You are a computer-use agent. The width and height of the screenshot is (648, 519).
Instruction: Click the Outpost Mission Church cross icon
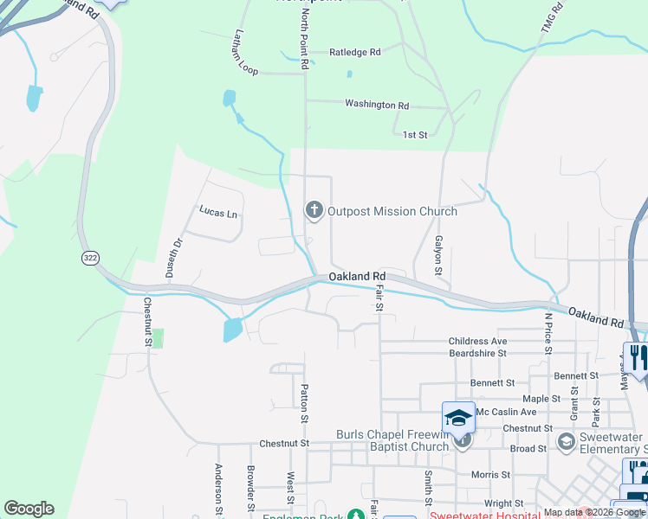(x=313, y=210)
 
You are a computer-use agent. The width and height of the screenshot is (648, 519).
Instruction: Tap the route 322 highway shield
(x=90, y=258)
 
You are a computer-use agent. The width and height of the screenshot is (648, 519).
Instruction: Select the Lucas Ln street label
(x=217, y=210)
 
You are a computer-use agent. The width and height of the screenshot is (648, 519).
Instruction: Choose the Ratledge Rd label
(x=354, y=53)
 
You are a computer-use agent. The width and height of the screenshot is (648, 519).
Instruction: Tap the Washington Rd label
(x=376, y=105)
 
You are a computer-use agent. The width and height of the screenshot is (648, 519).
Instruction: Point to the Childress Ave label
(x=477, y=342)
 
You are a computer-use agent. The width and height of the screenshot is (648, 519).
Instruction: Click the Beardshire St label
(x=477, y=354)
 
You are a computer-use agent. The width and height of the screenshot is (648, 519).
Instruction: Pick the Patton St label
(x=304, y=404)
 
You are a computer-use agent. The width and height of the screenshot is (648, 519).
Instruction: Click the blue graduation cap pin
(x=458, y=418)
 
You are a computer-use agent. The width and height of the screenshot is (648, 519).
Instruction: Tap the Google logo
(x=29, y=509)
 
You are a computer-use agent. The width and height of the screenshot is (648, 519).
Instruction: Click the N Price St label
(x=548, y=333)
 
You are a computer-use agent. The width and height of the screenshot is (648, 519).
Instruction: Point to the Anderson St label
(x=218, y=488)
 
